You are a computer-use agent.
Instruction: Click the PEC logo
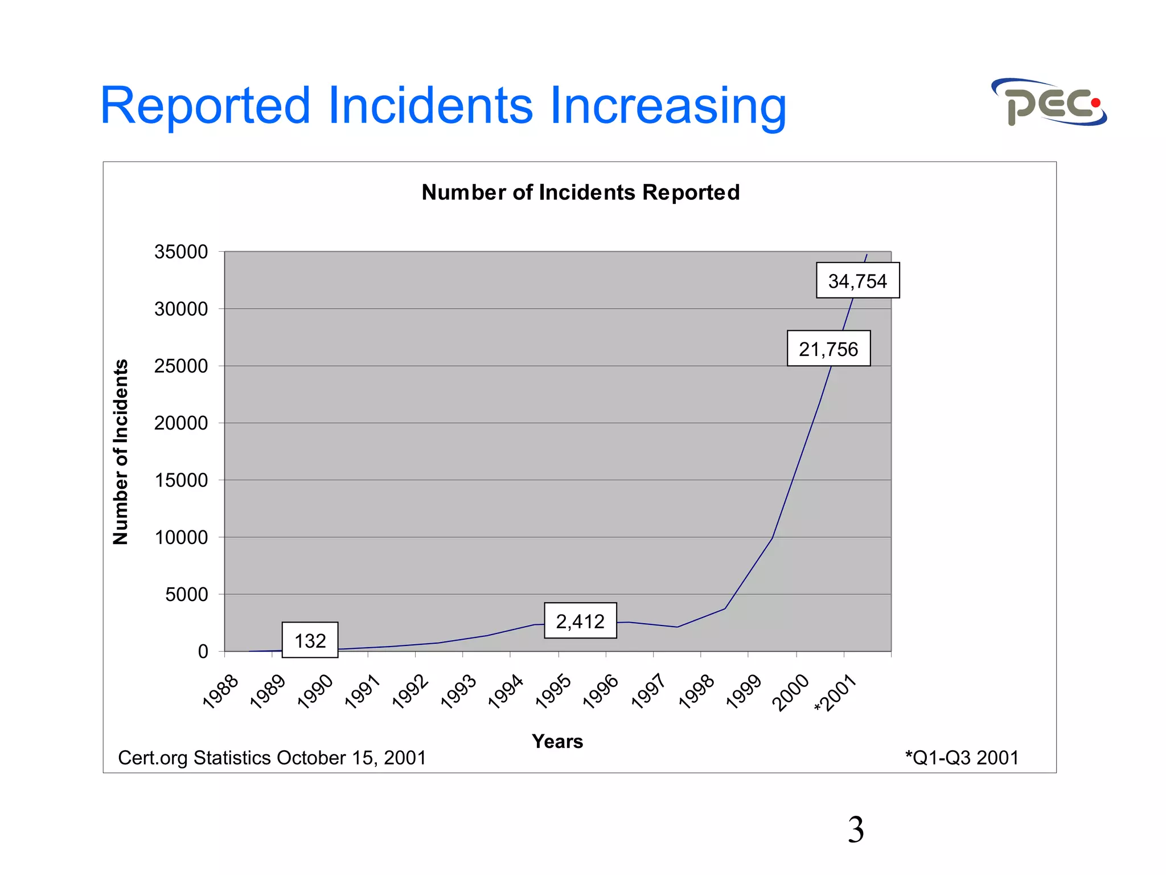(x=1049, y=103)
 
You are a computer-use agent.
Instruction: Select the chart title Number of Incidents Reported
(x=580, y=193)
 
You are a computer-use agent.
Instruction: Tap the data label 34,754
(x=857, y=281)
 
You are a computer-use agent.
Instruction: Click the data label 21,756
(x=828, y=349)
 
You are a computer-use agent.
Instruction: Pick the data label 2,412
(x=580, y=621)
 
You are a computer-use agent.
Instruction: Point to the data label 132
(x=310, y=641)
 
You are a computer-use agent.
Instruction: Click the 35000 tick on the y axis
(x=181, y=252)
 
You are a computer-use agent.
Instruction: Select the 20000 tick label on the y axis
(x=181, y=423)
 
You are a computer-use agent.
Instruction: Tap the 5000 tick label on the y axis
(x=186, y=595)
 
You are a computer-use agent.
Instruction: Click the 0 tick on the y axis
(x=203, y=652)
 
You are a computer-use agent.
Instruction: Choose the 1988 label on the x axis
(x=221, y=692)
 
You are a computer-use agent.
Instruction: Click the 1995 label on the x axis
(x=553, y=692)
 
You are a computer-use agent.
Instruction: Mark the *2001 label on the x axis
(x=835, y=693)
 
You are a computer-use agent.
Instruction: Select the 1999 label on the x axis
(x=744, y=692)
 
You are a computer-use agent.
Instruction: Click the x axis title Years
(x=557, y=742)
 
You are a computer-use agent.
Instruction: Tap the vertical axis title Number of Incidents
(x=121, y=452)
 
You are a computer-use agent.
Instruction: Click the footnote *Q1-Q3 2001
(x=962, y=758)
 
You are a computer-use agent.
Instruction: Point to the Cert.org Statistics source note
(x=272, y=758)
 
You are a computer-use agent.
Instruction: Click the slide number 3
(x=855, y=830)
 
